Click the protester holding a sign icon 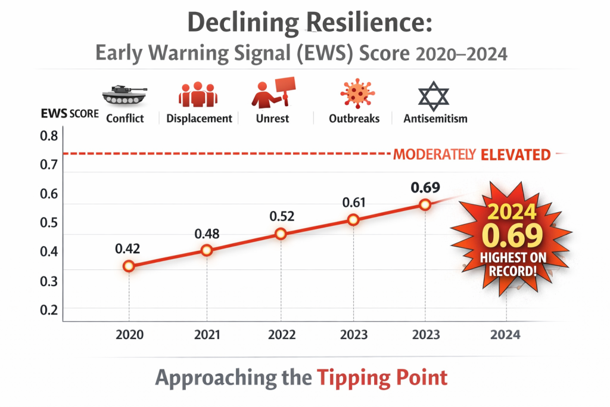[x=272, y=92]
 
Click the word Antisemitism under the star [x=435, y=119]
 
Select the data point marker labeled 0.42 [x=129, y=266]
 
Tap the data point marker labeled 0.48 [x=207, y=250]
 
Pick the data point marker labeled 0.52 [x=281, y=234]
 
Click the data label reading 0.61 [x=354, y=202]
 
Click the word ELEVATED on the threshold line [x=515, y=155]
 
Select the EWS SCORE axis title [x=70, y=113]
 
